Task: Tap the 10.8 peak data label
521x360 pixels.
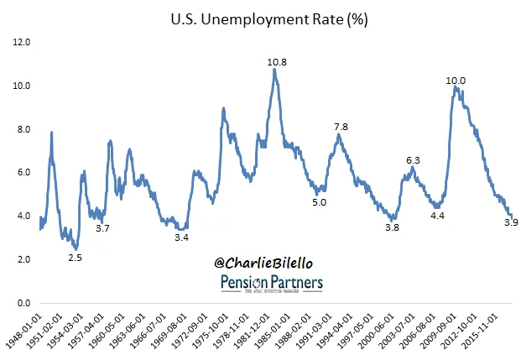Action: (x=278, y=61)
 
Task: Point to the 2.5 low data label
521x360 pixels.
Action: (x=76, y=258)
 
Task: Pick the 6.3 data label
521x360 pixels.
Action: (x=414, y=159)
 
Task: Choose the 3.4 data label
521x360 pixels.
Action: (x=181, y=238)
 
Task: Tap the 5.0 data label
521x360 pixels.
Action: (x=320, y=202)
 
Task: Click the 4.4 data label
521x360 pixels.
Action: (x=437, y=216)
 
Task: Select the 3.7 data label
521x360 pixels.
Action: (x=102, y=228)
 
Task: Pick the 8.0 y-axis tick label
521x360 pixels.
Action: (x=23, y=129)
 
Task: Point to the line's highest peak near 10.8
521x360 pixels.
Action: (x=274, y=70)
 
